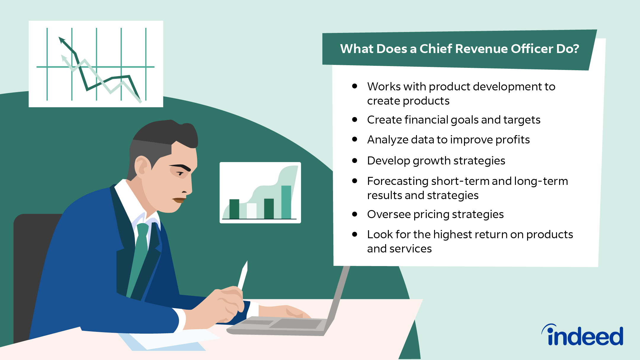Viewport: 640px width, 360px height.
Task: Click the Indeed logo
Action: (582, 335)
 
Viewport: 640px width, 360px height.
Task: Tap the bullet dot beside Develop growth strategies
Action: (355, 161)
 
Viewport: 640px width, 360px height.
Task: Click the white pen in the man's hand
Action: (243, 276)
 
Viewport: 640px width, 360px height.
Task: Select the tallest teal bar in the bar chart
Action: (286, 202)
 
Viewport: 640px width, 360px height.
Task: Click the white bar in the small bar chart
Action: (252, 211)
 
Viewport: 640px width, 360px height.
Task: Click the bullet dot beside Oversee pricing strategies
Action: (355, 214)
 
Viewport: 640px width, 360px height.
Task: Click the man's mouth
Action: (179, 200)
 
